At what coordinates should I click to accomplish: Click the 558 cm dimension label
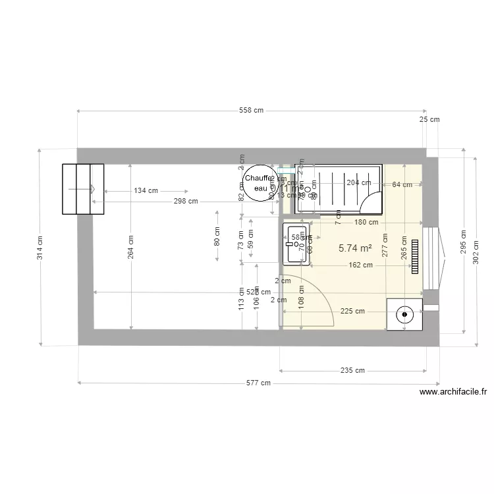tap(251, 110)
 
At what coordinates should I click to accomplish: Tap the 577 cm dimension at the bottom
tap(259, 383)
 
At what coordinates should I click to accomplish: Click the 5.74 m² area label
tap(355, 248)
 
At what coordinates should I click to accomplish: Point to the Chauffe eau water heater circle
tap(258, 183)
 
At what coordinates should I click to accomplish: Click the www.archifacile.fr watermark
tap(453, 392)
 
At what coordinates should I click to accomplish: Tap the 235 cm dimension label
tap(352, 370)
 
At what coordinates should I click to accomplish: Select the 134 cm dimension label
tap(146, 191)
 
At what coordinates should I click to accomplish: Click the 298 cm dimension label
tap(186, 202)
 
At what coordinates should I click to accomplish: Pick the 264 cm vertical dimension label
tap(131, 247)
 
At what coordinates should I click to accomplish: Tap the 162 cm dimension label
tap(360, 265)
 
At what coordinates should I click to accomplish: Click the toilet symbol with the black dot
tap(402, 315)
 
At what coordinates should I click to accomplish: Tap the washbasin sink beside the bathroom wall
tap(295, 244)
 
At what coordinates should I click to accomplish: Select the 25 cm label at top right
tap(429, 119)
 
